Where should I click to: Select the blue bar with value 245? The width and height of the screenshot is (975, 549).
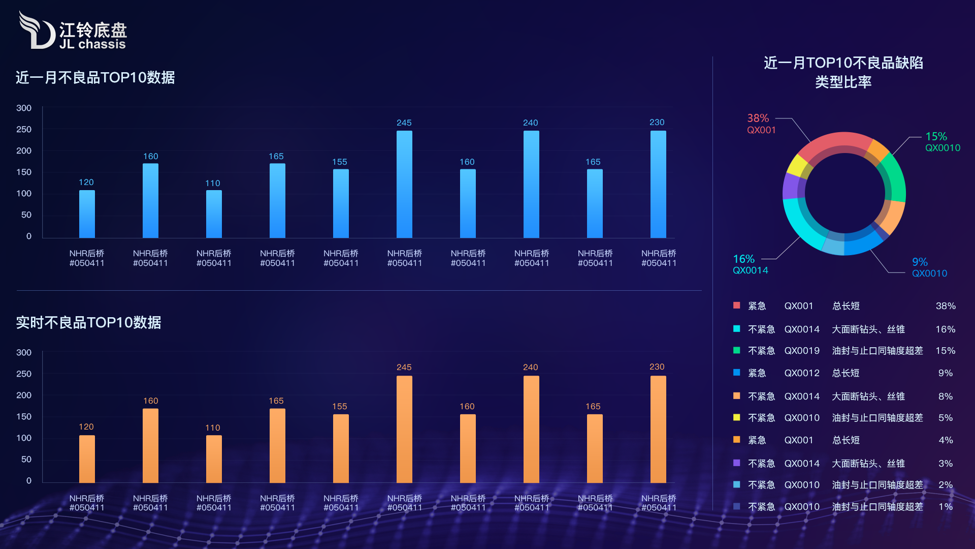point(404,184)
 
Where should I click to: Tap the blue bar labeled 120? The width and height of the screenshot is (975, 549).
point(87,214)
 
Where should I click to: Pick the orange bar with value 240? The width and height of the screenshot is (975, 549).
point(531,429)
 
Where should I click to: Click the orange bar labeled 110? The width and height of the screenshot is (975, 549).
point(214,459)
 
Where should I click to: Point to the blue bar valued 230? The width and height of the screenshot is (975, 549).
point(658,184)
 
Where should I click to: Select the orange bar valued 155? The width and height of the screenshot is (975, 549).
point(341,448)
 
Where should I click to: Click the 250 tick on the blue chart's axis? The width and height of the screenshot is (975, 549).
point(24,130)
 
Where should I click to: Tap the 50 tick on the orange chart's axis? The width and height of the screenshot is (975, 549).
point(26,460)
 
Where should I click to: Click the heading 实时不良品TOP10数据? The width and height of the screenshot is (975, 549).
point(88,323)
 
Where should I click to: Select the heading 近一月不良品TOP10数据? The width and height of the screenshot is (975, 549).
point(95,78)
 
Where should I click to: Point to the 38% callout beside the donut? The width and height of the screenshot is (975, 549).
point(758,118)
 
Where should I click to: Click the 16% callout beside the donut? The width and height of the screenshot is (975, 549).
point(743,259)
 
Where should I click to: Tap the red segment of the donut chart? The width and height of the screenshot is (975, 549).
point(835,142)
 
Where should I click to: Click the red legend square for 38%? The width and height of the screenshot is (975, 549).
point(736,306)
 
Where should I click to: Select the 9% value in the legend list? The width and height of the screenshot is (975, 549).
point(945,373)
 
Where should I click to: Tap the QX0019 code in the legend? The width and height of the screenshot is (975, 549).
point(802,351)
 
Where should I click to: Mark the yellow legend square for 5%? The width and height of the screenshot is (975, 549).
point(736,417)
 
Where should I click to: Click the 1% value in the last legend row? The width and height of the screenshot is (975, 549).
point(945,507)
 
